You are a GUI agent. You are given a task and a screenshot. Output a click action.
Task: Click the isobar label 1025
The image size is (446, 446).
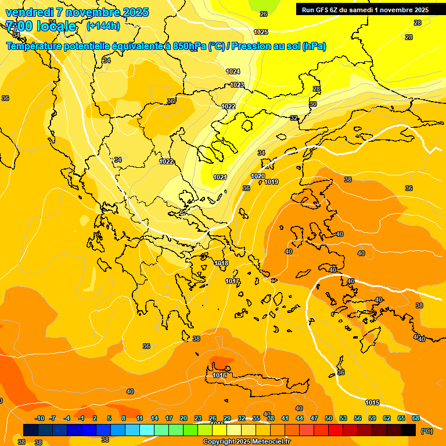point(261,33)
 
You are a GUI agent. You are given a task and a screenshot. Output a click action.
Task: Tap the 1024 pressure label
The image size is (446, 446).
point(233,71)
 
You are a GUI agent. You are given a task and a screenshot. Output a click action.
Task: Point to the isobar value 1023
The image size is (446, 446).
point(236,85)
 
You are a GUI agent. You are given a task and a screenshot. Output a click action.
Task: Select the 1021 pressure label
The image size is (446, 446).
point(220,178)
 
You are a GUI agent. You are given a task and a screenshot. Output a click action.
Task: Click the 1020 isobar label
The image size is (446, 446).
point(258,177)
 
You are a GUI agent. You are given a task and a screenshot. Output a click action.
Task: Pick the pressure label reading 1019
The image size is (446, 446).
point(271,182)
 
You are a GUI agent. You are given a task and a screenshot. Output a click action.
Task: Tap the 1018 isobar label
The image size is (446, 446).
point(221,264)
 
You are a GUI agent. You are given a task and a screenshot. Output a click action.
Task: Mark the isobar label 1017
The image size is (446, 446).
point(232,282)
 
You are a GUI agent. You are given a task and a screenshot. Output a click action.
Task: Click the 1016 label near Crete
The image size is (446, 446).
point(220,376)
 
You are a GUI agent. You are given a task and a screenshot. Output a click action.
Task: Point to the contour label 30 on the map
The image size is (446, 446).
point(313,104)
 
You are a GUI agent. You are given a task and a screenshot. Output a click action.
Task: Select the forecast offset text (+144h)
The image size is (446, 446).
point(103,26)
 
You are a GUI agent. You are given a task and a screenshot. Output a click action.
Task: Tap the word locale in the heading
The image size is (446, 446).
point(56,26)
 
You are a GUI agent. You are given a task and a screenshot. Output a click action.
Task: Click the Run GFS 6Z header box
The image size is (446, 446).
point(365,10)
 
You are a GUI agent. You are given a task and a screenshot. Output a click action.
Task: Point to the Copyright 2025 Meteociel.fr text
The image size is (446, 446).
point(247,442)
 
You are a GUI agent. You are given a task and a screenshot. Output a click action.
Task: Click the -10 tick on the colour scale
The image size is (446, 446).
point(39,418)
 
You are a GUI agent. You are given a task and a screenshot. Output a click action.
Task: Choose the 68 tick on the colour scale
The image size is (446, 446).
point(416,418)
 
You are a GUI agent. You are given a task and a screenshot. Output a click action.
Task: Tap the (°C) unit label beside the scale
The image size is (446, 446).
point(426,431)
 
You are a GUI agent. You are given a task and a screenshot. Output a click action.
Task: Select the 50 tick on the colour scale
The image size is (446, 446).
point(329,418)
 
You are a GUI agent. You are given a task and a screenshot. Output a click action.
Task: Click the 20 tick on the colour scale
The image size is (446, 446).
point(184,418)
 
